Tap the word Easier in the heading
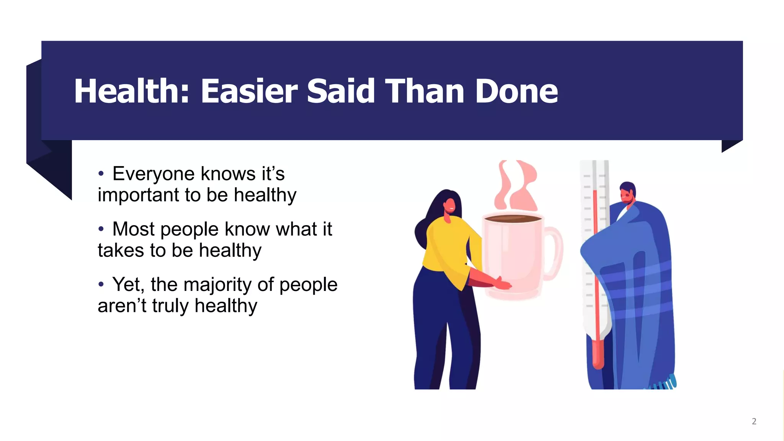(249, 91)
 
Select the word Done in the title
(516, 91)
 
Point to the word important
(138, 195)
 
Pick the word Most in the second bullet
(134, 229)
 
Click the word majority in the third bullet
(218, 285)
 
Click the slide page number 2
(754, 421)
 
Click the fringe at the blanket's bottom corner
(664, 384)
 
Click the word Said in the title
(341, 91)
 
